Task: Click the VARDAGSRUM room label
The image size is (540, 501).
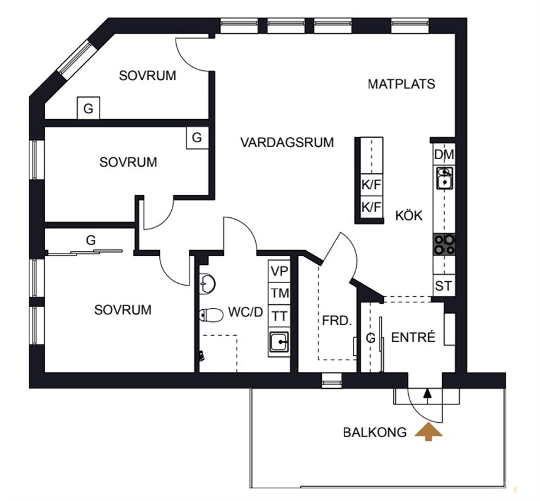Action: tap(287, 142)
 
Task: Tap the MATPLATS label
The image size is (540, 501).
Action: tap(401, 85)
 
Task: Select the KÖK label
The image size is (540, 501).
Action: tap(409, 215)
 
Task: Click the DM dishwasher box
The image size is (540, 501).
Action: tap(444, 155)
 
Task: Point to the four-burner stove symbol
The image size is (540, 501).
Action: tap(444, 244)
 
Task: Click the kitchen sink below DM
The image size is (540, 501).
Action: tap(445, 178)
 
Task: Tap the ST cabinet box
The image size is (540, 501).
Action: tap(444, 286)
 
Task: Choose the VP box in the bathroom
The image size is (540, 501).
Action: tap(279, 271)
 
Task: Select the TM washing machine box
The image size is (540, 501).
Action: tap(279, 293)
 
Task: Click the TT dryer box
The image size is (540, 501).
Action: tap(279, 316)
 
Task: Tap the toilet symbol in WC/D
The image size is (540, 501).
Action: tap(211, 315)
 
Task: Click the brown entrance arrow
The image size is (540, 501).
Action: tap(428, 431)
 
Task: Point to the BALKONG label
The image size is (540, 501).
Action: tap(374, 433)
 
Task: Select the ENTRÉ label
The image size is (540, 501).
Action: tap(413, 338)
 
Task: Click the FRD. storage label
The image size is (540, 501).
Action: tap(337, 321)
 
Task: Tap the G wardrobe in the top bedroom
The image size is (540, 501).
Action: tap(88, 108)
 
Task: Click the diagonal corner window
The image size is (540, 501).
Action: tap(75, 58)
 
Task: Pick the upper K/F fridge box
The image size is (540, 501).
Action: tap(371, 185)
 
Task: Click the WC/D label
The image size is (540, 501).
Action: tap(246, 312)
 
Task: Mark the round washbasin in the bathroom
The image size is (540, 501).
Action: tap(208, 284)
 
